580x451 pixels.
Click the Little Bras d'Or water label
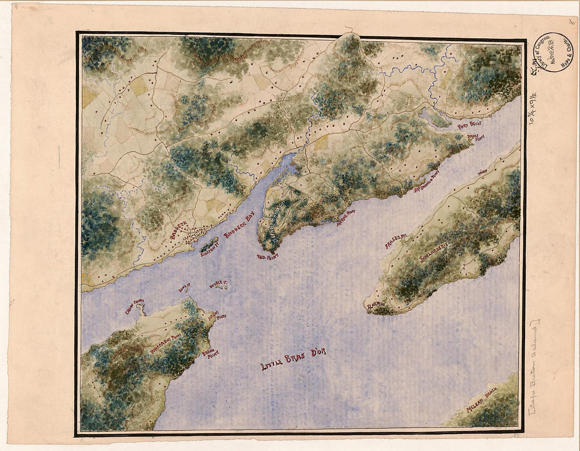tap(293, 359)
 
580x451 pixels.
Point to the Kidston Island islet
tap(209, 244)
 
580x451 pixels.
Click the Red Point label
tap(267, 256)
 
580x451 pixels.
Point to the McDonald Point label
tap(427, 179)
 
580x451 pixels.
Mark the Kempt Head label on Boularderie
tap(375, 305)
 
